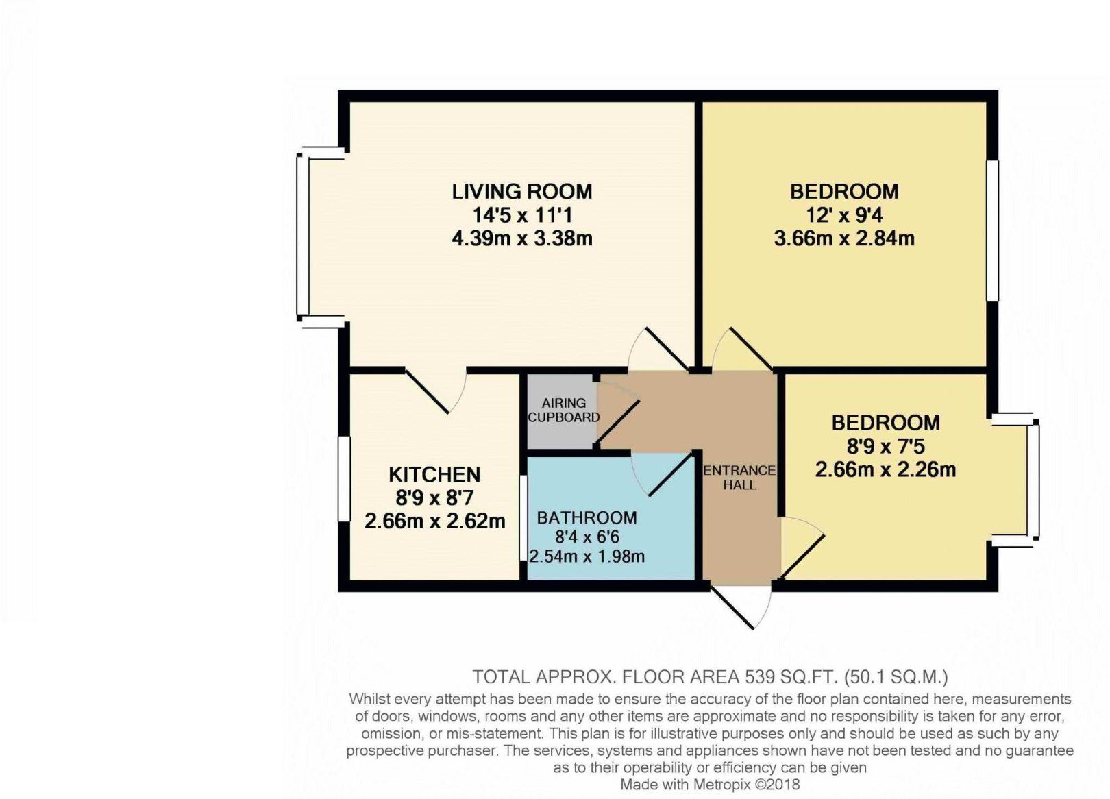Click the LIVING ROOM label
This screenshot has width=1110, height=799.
pos(521,191)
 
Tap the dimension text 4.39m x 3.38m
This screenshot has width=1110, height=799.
pos(521,238)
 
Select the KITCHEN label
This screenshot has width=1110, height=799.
pos(434,474)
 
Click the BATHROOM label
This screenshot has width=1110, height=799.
pos(587,517)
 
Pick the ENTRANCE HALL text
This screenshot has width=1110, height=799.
pos(739,478)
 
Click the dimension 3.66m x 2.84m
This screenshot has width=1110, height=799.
pos(844,238)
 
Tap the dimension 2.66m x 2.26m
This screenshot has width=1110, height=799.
pos(885,469)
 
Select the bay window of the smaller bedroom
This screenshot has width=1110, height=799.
pos(1034,480)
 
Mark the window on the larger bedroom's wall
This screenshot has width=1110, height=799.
pos(991,230)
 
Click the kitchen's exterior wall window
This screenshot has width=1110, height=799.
pos(344,479)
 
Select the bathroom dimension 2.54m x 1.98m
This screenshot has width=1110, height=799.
pos(587,556)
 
